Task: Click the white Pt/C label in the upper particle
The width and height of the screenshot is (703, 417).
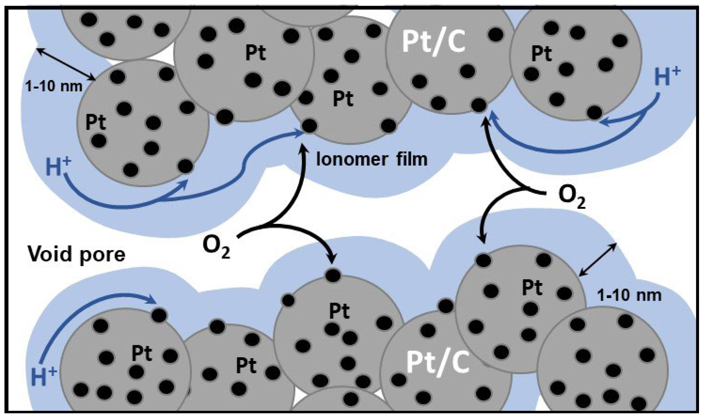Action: (433, 42)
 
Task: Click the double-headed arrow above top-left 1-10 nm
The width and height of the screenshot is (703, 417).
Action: (66, 63)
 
